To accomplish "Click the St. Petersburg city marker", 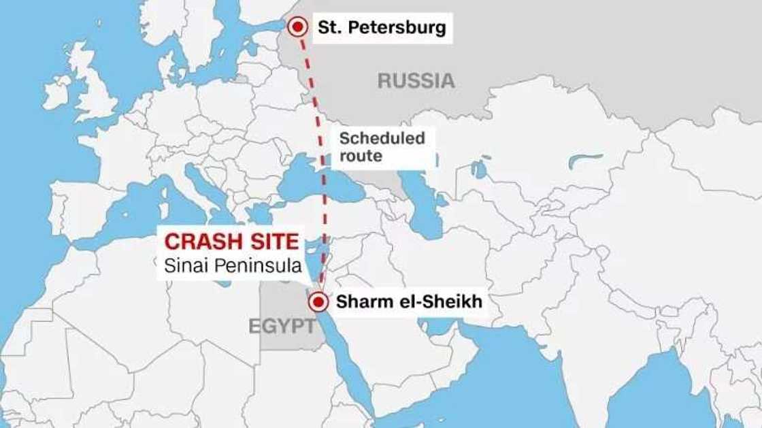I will [x=297, y=27].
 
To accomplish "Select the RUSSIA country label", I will [x=416, y=81].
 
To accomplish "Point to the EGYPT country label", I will [x=281, y=326].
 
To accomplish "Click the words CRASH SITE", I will [x=232, y=242].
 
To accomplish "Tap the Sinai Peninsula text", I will [x=232, y=266].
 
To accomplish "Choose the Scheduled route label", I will [x=382, y=147].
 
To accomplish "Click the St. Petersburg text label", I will [x=382, y=27].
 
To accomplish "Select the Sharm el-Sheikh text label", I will [x=408, y=302].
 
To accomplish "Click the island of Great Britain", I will [x=95, y=88].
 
